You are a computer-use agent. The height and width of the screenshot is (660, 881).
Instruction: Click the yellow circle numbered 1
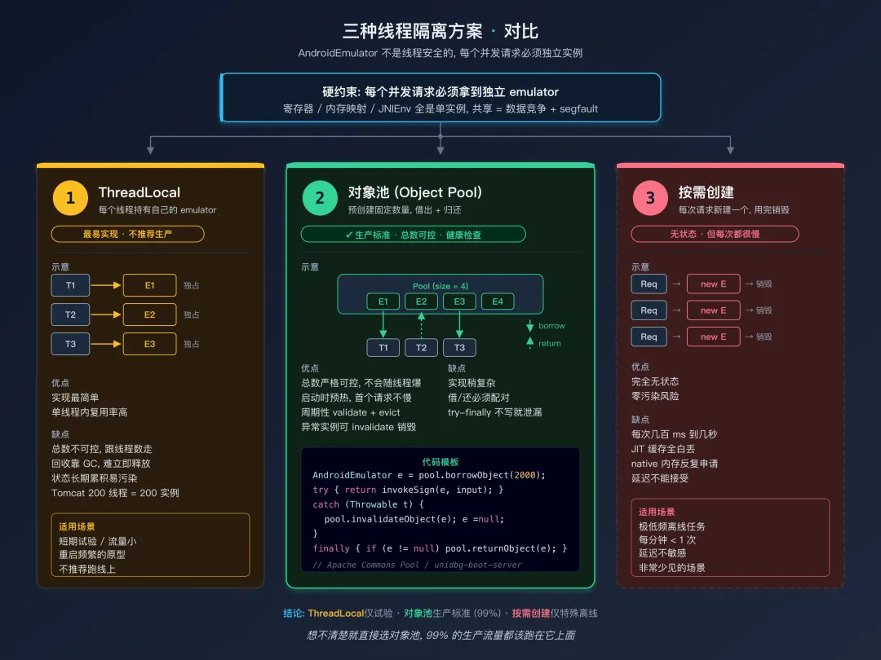coord(70,198)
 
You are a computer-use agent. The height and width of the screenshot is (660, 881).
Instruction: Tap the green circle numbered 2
coord(320,198)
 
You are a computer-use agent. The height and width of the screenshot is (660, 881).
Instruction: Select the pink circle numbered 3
coord(650,198)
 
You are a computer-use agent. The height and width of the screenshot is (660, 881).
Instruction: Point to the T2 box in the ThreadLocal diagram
coord(71,315)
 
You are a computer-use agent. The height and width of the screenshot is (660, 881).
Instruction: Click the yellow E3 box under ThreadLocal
coord(149,344)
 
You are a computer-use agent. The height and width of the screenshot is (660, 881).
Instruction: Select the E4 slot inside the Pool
coord(498,301)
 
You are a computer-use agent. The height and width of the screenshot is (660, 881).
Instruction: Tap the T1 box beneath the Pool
coord(383,348)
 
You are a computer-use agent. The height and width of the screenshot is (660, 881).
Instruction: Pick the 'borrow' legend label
coord(551,326)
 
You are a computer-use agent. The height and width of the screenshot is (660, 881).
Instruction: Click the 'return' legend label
coord(550,344)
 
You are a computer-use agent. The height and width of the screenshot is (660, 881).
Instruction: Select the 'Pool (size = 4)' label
coord(440,286)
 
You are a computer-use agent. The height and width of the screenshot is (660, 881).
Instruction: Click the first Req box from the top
coord(649,284)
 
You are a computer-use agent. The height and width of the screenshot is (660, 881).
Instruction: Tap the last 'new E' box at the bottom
coord(713,337)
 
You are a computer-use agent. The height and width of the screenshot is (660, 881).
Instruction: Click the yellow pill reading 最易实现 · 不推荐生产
coord(127,234)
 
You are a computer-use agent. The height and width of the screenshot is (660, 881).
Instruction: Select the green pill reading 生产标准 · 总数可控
coord(413,235)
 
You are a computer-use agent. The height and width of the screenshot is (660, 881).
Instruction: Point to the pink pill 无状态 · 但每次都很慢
coord(715,234)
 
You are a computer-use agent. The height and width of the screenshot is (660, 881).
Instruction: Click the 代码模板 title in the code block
coord(440,461)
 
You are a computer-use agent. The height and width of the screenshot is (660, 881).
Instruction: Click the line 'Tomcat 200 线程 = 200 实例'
coord(115,493)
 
